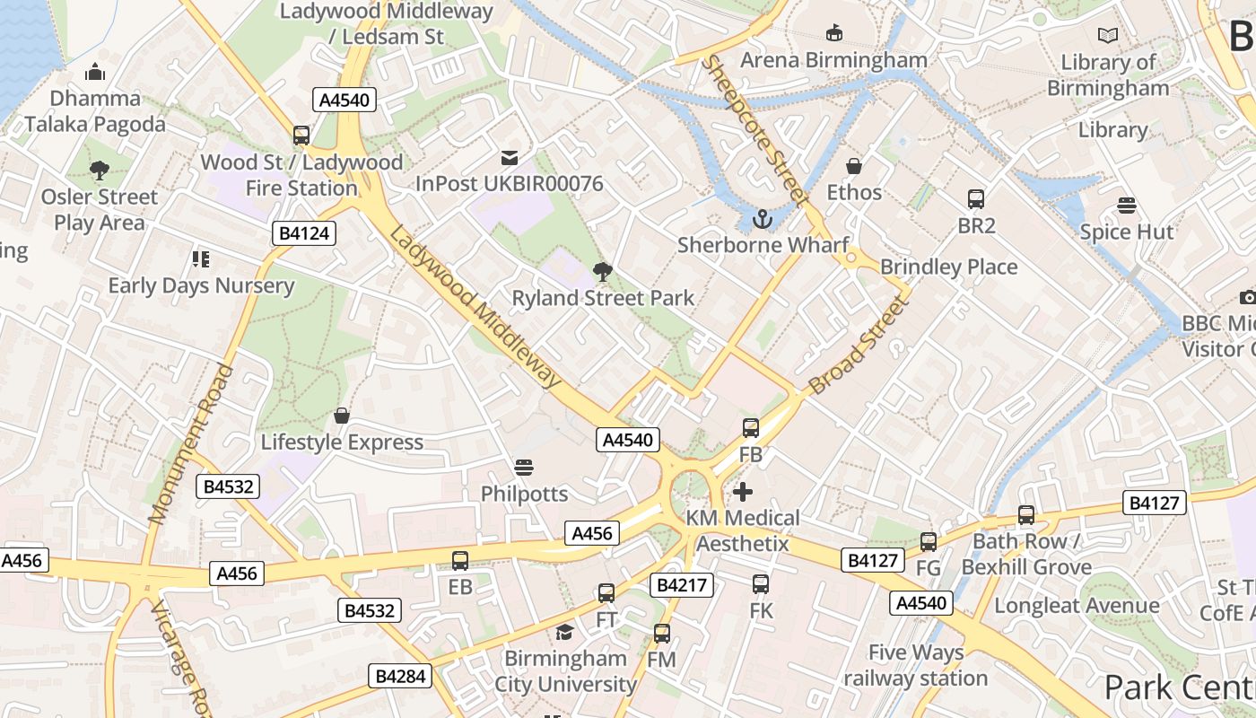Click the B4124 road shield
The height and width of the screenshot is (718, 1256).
[304, 234]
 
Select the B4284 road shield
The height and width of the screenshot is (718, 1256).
[400, 676]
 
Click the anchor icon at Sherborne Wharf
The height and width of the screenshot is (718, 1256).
[762, 218]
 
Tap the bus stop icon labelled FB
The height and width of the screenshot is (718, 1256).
[751, 428]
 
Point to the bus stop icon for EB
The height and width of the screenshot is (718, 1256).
[460, 561]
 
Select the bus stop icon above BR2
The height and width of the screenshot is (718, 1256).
[976, 199]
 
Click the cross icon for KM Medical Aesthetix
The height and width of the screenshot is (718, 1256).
[743, 492]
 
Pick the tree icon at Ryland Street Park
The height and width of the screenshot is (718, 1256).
[603, 272]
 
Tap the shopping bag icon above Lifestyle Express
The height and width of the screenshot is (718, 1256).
[342, 416]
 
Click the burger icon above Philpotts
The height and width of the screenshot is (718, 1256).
[524, 468]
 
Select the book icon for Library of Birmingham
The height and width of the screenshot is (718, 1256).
[1108, 36]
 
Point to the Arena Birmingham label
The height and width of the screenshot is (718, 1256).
[833, 60]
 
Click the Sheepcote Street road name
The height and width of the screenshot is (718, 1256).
[754, 130]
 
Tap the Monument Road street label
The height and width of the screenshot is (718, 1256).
[190, 444]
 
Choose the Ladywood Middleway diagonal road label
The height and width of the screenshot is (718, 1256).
[475, 307]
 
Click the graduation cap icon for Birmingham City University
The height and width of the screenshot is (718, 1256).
[564, 632]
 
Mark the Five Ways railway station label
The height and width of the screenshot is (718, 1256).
[916, 665]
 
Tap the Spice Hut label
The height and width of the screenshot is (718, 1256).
[1126, 232]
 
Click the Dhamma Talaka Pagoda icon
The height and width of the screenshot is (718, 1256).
[95, 73]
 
